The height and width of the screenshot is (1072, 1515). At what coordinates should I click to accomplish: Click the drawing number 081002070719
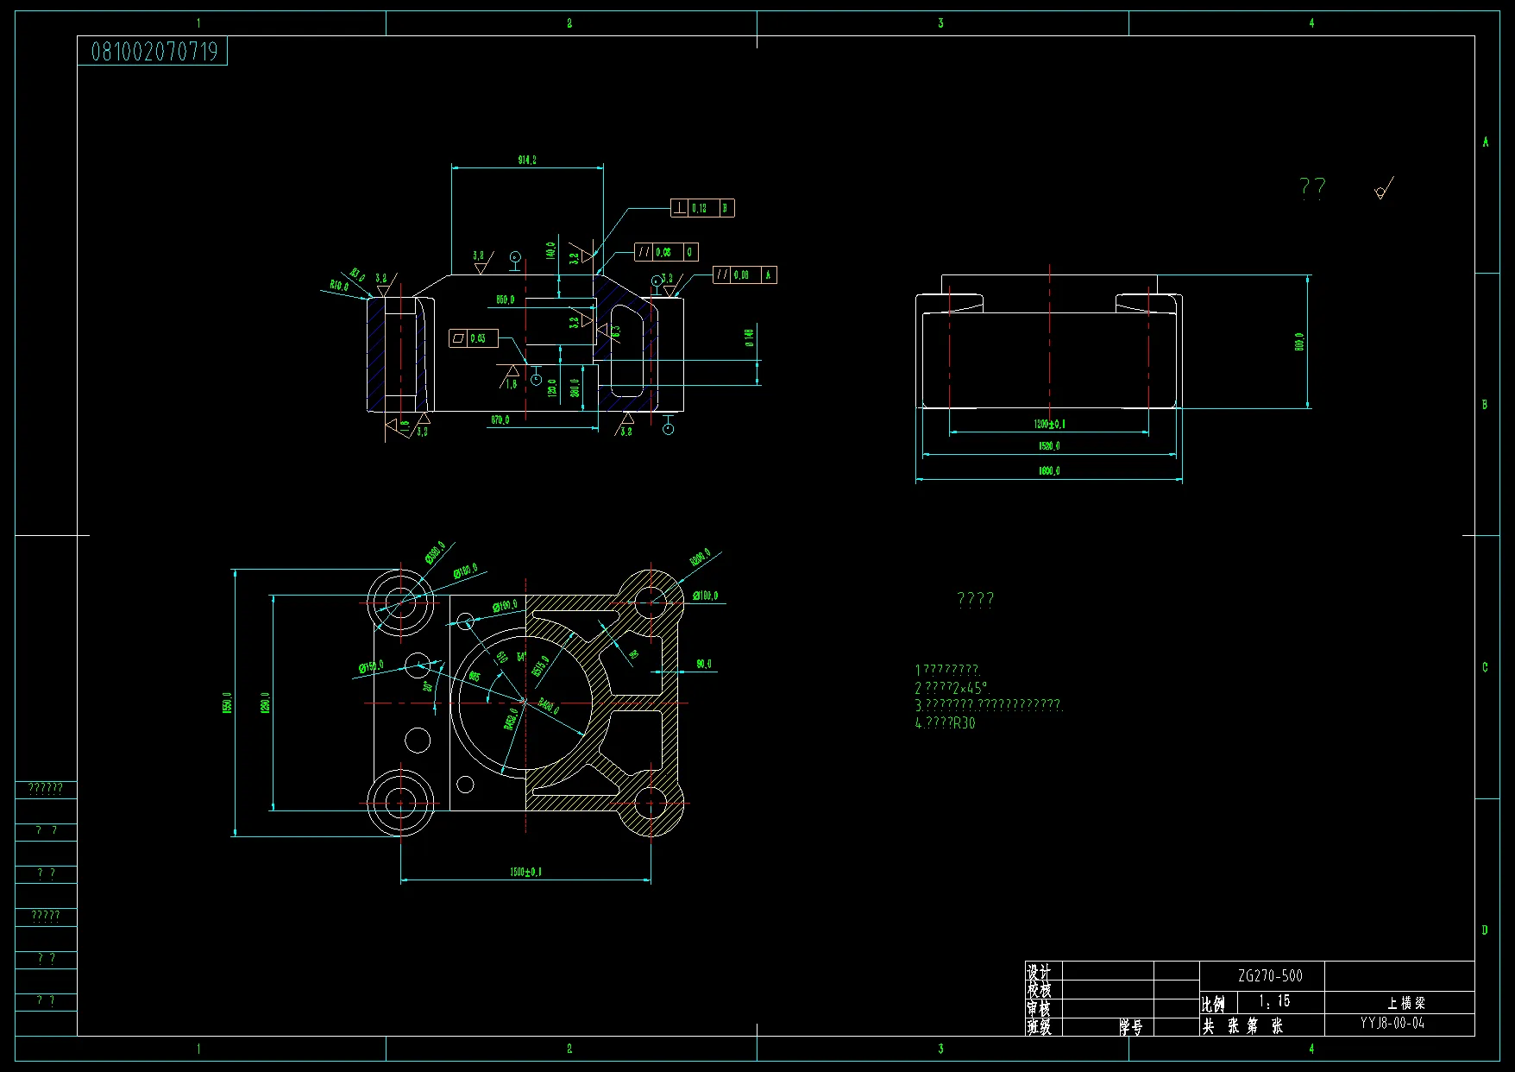pos(154,52)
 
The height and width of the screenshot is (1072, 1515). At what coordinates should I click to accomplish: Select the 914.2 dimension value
pos(526,161)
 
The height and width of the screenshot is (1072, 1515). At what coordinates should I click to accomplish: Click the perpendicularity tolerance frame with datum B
pos(702,208)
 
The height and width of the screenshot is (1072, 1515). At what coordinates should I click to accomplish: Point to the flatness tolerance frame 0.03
pos(473,338)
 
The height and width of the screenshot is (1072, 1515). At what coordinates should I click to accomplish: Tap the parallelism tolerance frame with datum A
pos(745,275)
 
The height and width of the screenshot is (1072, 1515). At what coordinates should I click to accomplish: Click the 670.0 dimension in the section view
pos(500,420)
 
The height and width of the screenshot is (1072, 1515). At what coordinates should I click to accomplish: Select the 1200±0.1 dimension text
pos(1049,424)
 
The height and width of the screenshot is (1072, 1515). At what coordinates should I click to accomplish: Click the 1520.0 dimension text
pos(1049,446)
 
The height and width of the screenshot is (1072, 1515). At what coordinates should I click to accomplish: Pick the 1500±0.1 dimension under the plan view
pos(525,873)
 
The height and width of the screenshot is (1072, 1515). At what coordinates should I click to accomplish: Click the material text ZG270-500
pos(1270,976)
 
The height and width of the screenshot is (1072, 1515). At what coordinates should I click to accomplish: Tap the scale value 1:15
pos(1274,1001)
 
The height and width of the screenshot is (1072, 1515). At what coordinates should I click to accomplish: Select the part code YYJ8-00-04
pos(1392,1024)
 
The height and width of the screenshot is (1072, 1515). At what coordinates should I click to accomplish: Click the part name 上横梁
pos(1406,1003)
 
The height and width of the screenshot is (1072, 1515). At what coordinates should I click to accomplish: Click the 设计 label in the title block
pos(1039,972)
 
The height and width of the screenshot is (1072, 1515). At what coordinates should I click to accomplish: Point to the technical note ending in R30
pos(945,723)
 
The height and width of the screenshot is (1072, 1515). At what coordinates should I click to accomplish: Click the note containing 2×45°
pos(952,688)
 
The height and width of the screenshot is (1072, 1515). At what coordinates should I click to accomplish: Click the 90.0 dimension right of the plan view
pos(704,665)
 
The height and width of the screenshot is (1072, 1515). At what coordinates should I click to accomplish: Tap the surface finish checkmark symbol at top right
pos(1383,189)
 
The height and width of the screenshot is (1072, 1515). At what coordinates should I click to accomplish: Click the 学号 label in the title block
pos(1131,1027)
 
